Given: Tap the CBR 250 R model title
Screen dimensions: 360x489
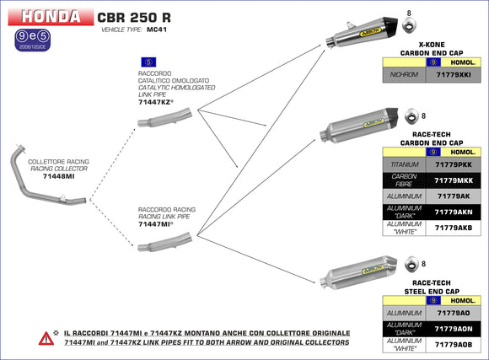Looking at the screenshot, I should tap(137, 16).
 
